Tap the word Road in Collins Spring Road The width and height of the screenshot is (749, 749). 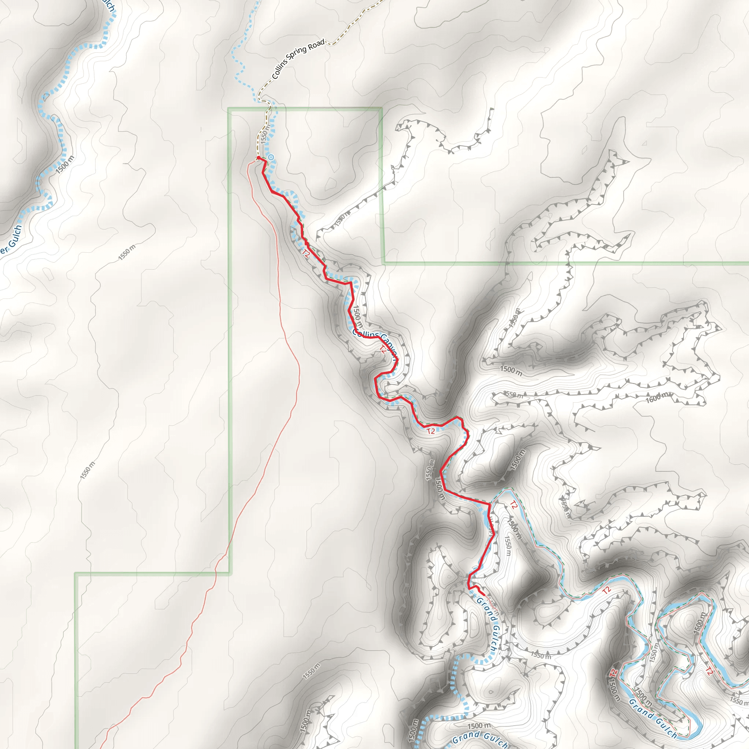coord(316,45)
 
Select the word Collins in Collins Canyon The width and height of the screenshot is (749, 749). coord(365,334)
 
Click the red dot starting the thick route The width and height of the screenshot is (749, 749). coord(259,158)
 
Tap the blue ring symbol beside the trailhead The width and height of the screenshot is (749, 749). coord(271,157)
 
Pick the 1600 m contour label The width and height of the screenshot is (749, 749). coord(657,397)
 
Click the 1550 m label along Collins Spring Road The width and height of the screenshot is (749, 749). coord(264,135)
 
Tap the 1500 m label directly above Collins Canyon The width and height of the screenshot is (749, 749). coord(357,316)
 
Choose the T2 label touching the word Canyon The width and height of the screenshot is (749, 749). coord(383,349)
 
